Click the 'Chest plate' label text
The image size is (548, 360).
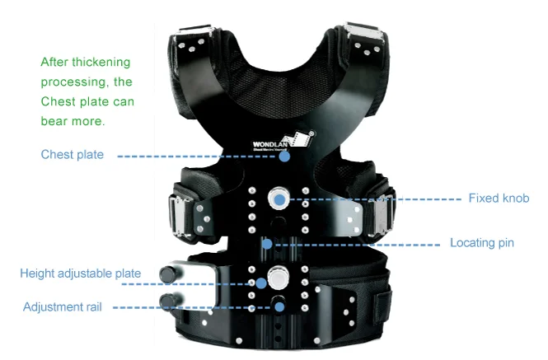[73, 155]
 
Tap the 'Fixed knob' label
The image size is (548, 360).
[499, 199]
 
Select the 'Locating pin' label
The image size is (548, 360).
[482, 243]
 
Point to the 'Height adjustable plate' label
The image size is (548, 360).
[81, 274]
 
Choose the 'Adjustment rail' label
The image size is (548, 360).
[62, 307]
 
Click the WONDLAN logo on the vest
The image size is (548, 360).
[283, 141]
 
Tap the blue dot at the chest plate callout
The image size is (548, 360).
[284, 157]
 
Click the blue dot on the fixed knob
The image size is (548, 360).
[279, 200]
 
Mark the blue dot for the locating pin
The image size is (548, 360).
[267, 244]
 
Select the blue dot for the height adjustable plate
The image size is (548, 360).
[261, 283]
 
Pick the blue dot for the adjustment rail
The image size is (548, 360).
[279, 307]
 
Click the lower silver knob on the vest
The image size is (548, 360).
[279, 278]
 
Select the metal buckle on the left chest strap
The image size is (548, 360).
[180, 215]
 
